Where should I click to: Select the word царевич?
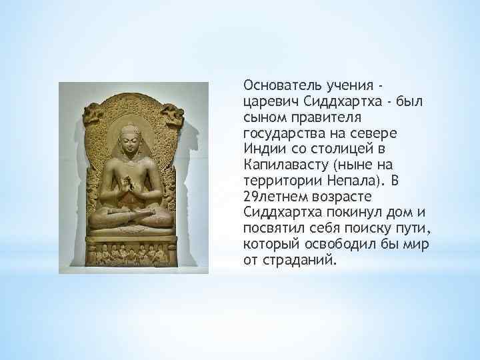(268, 101)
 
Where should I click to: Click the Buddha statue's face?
(133, 143)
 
